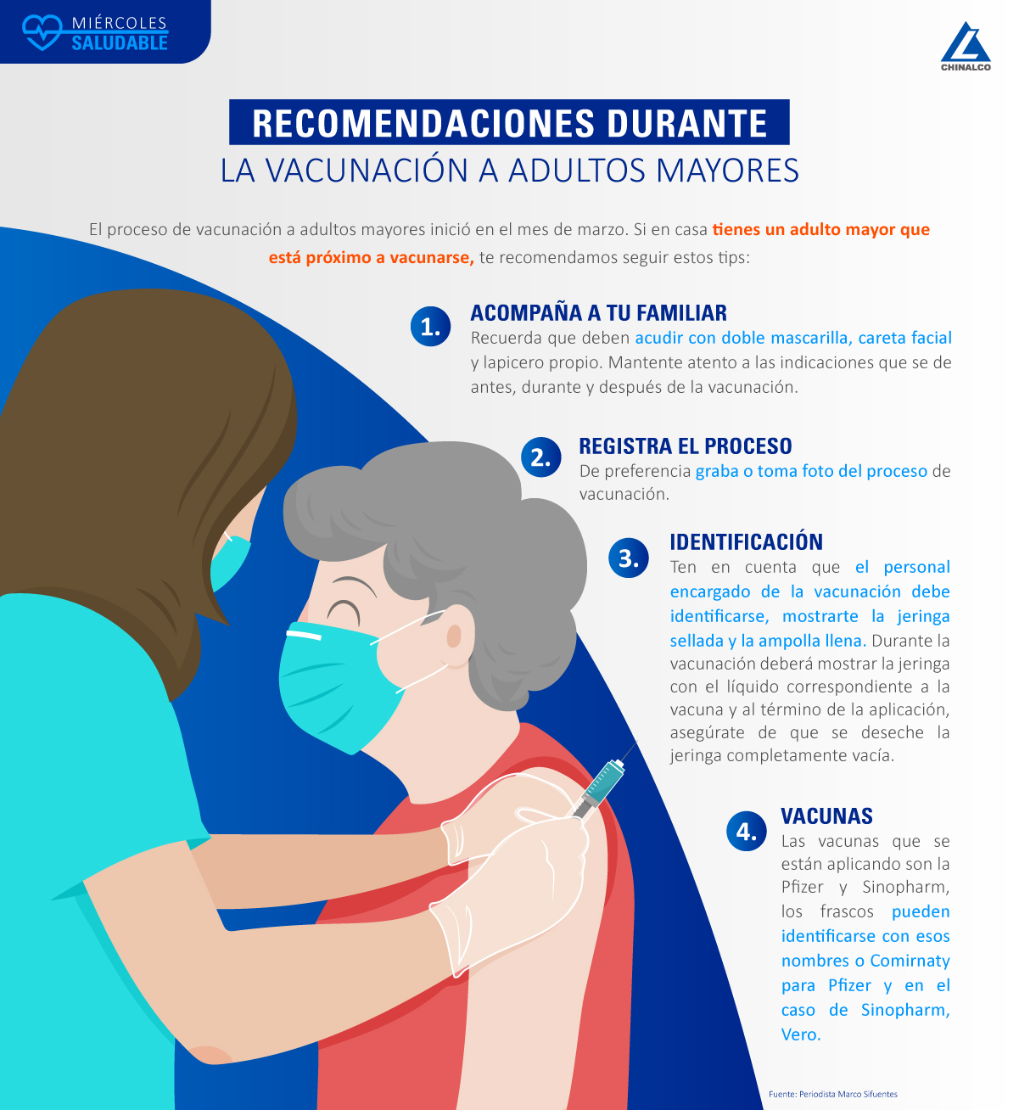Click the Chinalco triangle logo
(966, 42)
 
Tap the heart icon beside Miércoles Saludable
(42, 32)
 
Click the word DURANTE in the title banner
(687, 123)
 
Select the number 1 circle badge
(430, 327)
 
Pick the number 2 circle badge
(540, 457)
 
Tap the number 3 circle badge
(628, 558)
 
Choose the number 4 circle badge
(746, 831)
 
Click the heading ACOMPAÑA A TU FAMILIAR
(598, 313)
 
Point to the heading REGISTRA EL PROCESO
(686, 446)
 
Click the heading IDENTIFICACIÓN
(746, 541)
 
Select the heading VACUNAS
(826, 816)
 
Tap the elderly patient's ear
(454, 636)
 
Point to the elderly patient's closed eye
(343, 613)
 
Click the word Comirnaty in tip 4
(910, 961)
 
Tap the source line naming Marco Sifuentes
(832, 1094)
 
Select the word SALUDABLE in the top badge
(120, 42)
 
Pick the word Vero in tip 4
(800, 1034)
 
